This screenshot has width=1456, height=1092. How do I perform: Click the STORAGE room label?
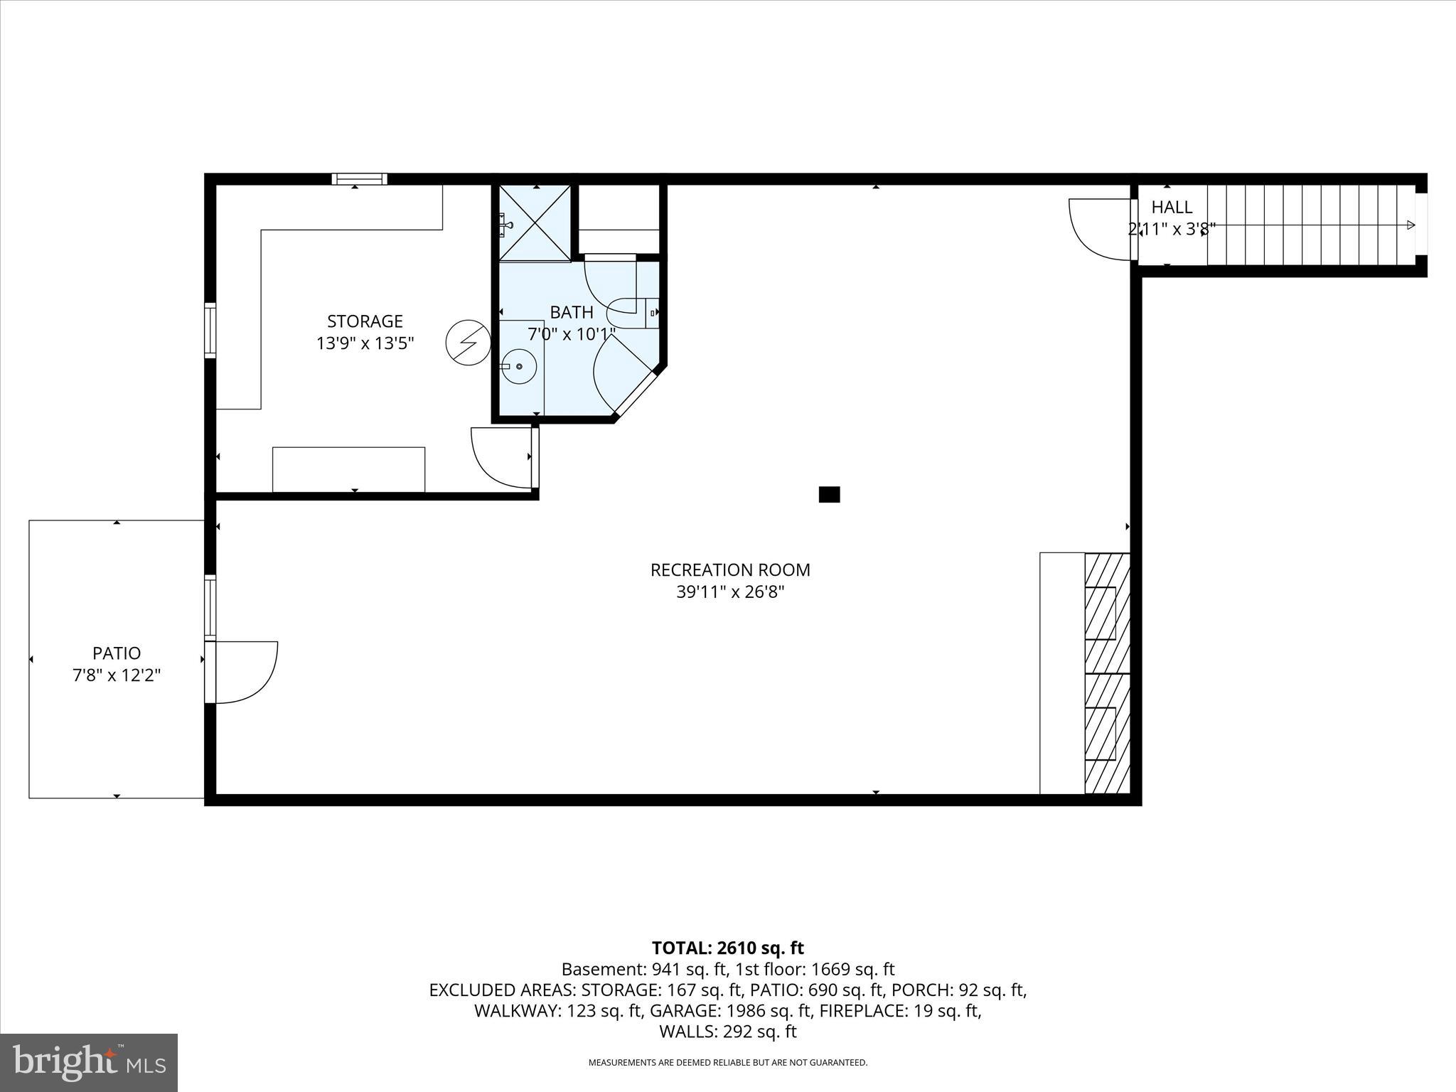(365, 321)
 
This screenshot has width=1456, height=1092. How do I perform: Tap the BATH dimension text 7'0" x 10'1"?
(572, 334)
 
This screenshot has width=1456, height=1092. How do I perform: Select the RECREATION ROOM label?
(730, 570)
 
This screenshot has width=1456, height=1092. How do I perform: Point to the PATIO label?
(117, 653)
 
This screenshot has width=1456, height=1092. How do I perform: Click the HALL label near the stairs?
(1172, 208)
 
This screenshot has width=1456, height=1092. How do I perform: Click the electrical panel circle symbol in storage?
(468, 343)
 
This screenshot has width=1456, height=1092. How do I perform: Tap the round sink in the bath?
(519, 366)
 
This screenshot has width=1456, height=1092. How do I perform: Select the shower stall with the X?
(535, 223)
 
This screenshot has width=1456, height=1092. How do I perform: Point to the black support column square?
(829, 494)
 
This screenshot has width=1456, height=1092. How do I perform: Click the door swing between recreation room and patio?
(245, 672)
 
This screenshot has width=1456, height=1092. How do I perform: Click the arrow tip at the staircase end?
(1411, 225)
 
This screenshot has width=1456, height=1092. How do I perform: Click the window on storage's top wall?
(359, 179)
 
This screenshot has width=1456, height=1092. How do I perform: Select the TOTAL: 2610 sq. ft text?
(727, 948)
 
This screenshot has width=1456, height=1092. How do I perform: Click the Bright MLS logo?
(89, 1062)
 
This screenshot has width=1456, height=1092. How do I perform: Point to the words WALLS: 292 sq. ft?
(727, 1032)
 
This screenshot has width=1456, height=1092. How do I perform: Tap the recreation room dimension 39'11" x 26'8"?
(730, 592)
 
